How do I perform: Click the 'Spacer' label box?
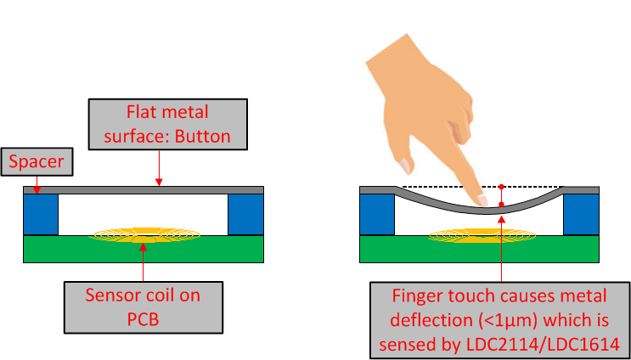point(36,160)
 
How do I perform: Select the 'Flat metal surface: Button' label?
point(166,124)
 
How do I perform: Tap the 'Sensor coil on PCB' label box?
point(143,307)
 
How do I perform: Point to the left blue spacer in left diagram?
point(40,215)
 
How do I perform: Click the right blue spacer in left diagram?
point(245,215)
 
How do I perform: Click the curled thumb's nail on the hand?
point(406,165)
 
